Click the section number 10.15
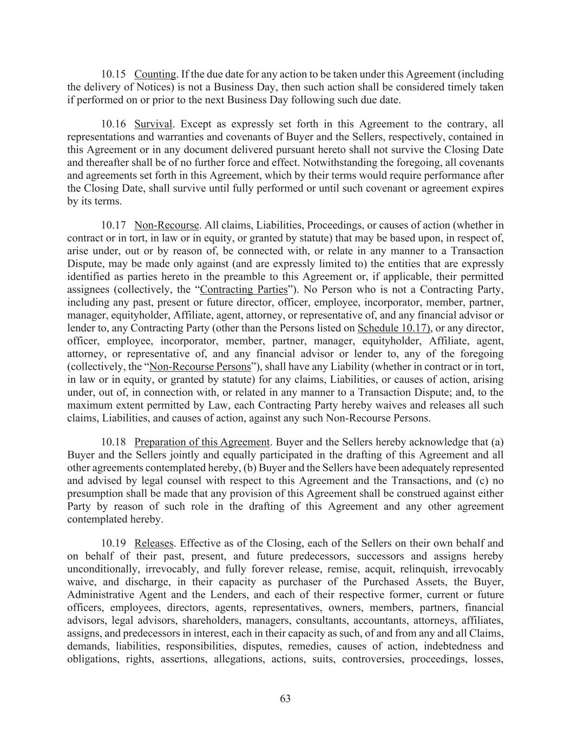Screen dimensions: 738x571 [x=114, y=74]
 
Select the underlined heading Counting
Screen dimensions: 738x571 [x=155, y=74]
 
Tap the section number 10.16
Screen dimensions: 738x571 [x=114, y=124]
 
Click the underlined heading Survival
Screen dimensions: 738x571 [x=153, y=124]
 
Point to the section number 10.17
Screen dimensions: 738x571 [x=114, y=225]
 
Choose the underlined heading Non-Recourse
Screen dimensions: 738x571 [x=167, y=225]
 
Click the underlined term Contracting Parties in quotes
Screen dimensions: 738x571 [x=244, y=289]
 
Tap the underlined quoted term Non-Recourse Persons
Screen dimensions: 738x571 [x=200, y=367]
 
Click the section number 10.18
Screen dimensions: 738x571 [x=114, y=442]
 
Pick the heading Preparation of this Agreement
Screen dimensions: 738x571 [x=201, y=442]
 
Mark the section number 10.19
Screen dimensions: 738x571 [x=114, y=543]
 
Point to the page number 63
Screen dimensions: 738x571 [x=286, y=699]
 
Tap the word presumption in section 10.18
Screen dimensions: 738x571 [x=93, y=494]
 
